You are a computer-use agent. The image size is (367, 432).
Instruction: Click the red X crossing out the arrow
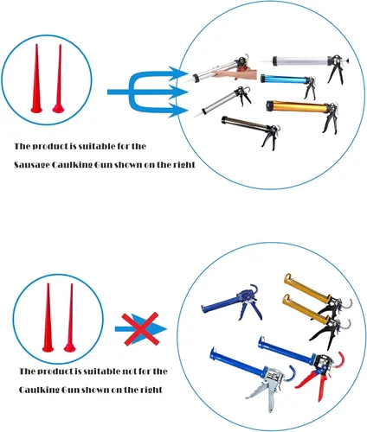(140, 328)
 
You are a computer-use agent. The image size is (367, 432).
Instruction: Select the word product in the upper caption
(48, 147)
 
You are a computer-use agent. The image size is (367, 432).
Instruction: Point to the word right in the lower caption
(151, 390)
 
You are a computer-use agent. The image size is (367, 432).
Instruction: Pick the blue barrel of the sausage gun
(284, 79)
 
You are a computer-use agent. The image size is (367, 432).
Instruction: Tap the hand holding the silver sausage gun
(236, 74)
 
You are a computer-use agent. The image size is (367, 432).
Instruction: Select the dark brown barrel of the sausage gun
(245, 123)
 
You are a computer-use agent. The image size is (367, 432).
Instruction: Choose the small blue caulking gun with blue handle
(232, 303)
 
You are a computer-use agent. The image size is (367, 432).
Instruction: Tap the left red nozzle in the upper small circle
(36, 81)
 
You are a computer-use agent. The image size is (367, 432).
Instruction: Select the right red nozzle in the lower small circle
(70, 320)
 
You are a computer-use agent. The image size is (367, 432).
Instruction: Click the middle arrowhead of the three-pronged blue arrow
(178, 92)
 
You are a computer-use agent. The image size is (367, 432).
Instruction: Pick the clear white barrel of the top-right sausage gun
(300, 60)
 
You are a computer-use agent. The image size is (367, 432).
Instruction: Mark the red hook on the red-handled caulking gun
(338, 360)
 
